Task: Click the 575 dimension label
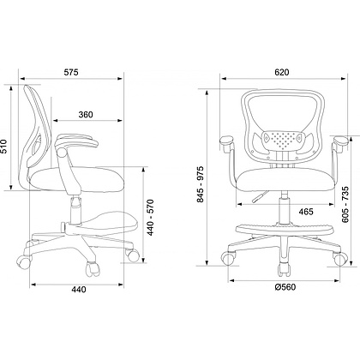click(x=71, y=72)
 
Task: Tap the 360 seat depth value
click(x=86, y=115)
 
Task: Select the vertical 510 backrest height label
click(x=3, y=147)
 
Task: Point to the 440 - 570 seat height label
click(x=150, y=218)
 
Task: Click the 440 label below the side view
click(x=78, y=290)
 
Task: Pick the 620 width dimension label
click(x=282, y=72)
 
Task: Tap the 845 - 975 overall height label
click(x=201, y=184)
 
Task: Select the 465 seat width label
click(x=306, y=212)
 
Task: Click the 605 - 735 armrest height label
click(x=345, y=204)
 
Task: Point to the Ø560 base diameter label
click(x=285, y=287)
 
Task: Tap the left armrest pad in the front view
click(x=227, y=140)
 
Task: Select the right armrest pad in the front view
click(x=340, y=140)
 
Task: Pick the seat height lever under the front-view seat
click(x=260, y=196)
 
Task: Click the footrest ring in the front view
click(x=284, y=229)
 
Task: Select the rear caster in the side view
click(x=23, y=261)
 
